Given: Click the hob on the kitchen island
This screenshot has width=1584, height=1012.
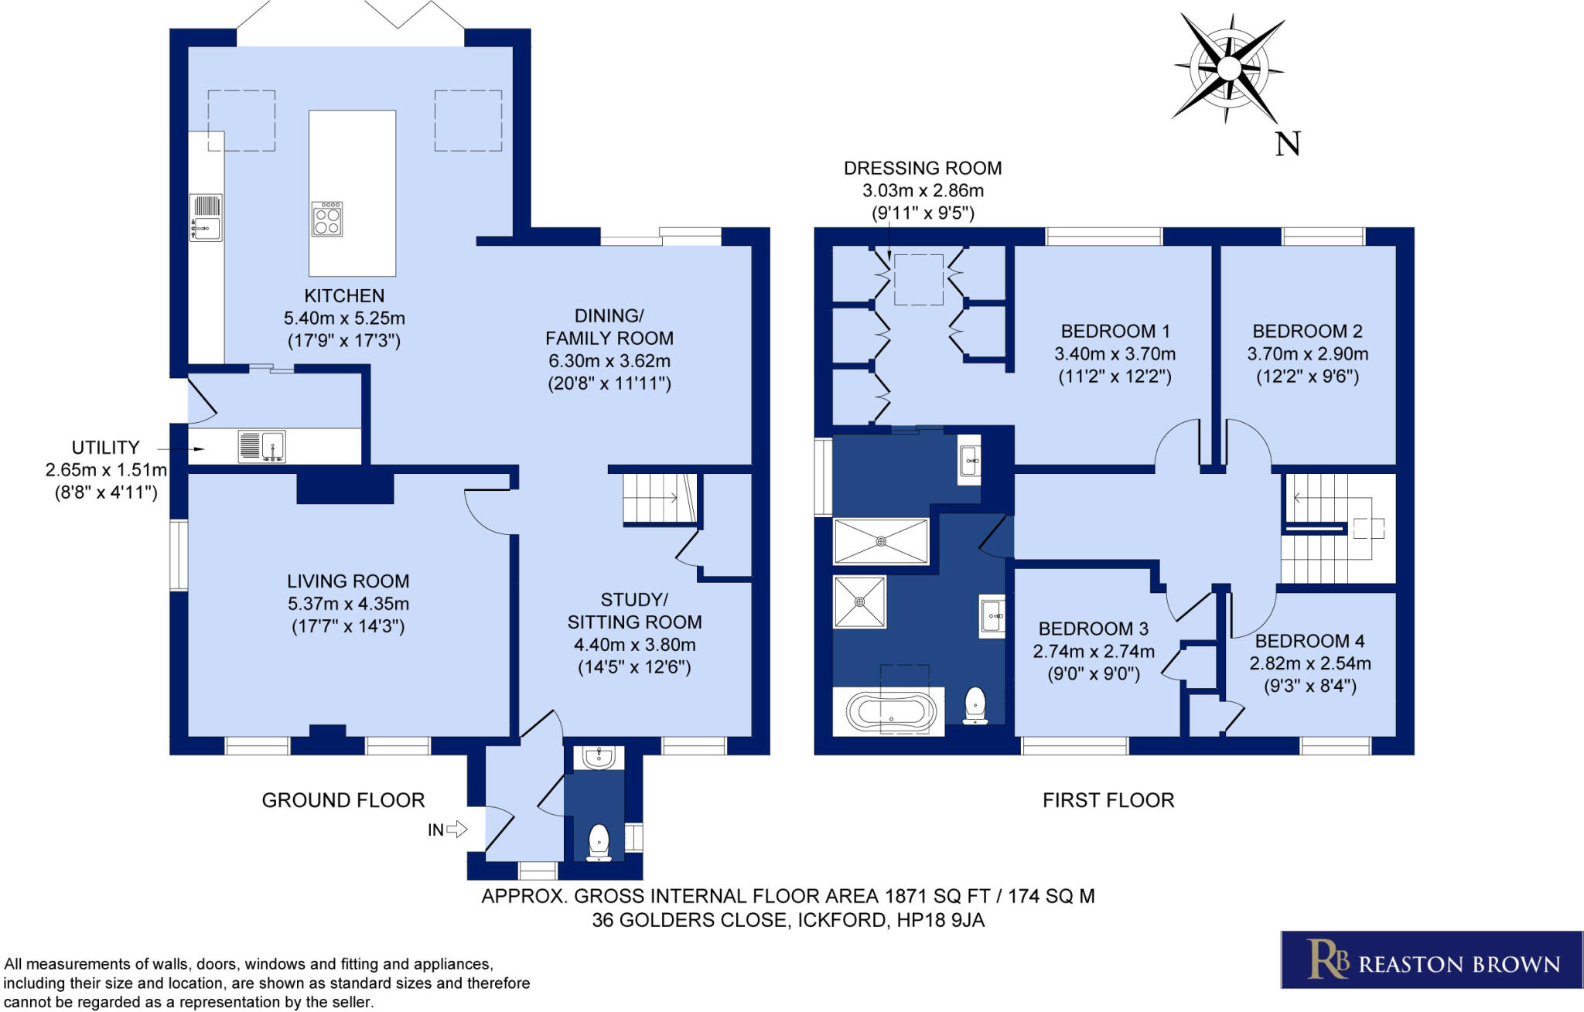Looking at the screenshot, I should [327, 219].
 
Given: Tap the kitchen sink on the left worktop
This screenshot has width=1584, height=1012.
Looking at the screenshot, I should [206, 217].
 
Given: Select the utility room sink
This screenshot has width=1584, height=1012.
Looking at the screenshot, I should [262, 446].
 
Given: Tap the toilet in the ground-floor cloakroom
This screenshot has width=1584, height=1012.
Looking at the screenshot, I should [599, 842].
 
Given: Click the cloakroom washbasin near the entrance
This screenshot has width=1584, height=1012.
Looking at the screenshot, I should [599, 758].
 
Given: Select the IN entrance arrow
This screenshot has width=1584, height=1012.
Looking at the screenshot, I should [457, 830].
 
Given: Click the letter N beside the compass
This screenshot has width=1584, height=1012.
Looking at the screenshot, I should [1288, 144].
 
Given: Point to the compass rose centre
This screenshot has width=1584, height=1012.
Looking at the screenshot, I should [1228, 69].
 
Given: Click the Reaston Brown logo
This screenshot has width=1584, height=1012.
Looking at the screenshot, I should [1432, 959].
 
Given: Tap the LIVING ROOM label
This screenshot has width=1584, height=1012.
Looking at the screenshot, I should [348, 581].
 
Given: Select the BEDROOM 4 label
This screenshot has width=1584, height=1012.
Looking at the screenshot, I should [1309, 641].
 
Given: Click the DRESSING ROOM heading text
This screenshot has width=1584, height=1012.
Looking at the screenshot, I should [923, 169].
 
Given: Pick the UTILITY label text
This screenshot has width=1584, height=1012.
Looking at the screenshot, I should [105, 448].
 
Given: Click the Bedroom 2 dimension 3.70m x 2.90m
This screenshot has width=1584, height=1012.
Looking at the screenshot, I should [1307, 354].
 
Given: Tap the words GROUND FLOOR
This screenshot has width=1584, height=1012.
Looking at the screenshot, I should [343, 800].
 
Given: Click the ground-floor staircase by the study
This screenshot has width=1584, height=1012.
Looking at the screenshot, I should [658, 499].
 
